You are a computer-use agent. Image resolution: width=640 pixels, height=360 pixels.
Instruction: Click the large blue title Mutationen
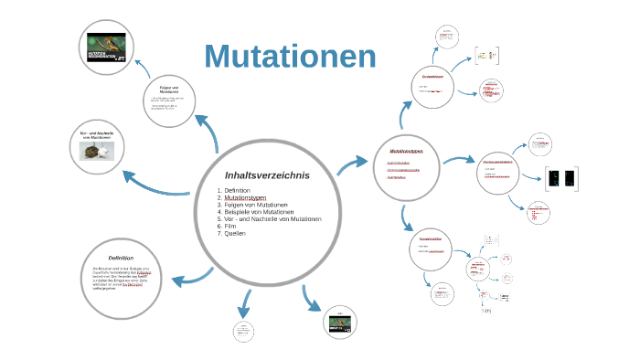coord(291,56)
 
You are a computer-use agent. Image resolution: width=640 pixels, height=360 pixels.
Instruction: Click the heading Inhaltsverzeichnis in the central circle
coord(267,175)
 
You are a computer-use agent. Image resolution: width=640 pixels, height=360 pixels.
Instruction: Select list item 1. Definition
coord(237,190)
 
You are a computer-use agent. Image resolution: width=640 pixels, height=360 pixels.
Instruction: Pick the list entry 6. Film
coord(229,227)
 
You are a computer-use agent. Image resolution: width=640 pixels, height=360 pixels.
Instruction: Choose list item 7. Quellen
coord(233,234)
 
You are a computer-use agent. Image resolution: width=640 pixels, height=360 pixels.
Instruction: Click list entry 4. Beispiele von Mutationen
coord(255,212)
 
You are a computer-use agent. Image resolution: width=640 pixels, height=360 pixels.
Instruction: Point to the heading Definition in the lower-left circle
coord(121,258)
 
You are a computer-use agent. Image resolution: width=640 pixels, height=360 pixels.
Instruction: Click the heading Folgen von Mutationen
coord(168,90)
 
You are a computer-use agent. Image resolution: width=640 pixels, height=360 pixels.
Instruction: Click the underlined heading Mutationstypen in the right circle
coord(404,151)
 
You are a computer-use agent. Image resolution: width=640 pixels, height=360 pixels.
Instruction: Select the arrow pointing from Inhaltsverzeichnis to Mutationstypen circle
coord(352,165)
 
